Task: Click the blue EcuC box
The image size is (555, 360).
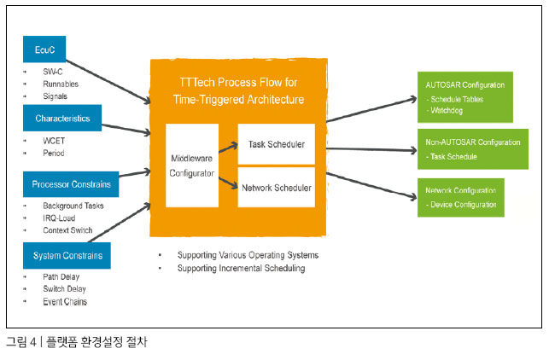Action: [x=44, y=49]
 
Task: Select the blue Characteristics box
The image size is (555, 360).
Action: [x=62, y=118]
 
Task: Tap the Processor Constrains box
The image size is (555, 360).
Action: [x=71, y=184]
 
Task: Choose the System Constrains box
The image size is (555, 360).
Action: [x=67, y=255]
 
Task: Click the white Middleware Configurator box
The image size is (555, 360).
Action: [x=192, y=165]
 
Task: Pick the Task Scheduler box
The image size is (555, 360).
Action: [x=277, y=144]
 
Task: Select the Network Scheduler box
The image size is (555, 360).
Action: [x=277, y=187]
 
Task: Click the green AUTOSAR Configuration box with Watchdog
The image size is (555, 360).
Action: [x=465, y=97]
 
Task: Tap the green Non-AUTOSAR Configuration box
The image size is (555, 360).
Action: [x=473, y=149]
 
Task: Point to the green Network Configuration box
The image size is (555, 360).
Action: [x=461, y=197]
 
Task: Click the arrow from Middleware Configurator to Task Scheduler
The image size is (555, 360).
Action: [x=228, y=148]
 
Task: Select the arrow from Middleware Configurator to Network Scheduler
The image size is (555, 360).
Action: [x=228, y=183]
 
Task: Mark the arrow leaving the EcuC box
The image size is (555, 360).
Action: [x=108, y=82]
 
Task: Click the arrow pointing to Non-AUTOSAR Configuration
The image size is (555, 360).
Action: [x=371, y=149]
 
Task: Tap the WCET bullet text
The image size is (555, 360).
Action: [x=54, y=141]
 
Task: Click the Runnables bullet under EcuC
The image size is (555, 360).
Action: [x=61, y=84]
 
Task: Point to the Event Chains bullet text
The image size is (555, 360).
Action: [x=65, y=302]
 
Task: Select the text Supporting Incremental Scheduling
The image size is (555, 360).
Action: [x=241, y=269]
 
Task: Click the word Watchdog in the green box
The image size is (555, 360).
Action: [x=447, y=110]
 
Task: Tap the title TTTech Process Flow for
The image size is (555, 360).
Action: [x=238, y=83]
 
